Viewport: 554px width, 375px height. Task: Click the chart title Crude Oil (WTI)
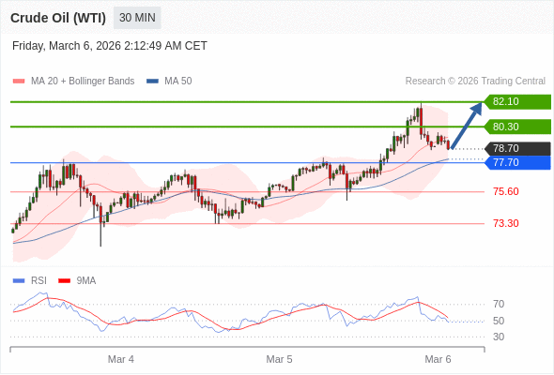point(57,18)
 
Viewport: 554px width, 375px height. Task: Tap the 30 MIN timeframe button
point(137,18)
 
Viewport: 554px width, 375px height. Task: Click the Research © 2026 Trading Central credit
point(475,82)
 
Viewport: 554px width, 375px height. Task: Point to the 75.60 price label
point(505,191)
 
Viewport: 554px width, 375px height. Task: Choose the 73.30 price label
point(505,223)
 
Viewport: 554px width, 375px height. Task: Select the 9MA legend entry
point(85,280)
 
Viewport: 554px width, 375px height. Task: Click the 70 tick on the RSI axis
point(499,304)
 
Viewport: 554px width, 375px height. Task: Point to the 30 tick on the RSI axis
point(499,337)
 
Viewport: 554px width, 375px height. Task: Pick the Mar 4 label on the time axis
point(121,359)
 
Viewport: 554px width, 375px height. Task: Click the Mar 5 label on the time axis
point(280,359)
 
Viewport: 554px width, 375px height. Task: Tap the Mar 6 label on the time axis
point(439,359)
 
